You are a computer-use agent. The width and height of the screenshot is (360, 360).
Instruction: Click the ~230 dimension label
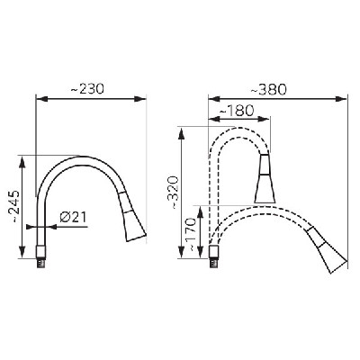coord(87,89)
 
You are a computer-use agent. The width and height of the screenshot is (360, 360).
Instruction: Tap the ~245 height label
coord(14,206)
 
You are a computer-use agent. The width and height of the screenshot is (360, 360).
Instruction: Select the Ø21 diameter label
coord(73,217)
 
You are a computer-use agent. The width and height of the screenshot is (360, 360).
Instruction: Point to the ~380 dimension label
coord(269,89)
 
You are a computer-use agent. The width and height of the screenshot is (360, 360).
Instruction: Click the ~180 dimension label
coord(237,111)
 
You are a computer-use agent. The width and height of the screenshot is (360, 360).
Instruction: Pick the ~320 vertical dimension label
coord(173,193)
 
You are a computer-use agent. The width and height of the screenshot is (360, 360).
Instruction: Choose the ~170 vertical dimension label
coord(190,235)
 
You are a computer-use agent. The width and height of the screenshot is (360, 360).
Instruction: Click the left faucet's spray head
coord(132,216)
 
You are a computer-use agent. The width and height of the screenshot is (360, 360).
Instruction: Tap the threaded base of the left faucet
coord(41,257)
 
